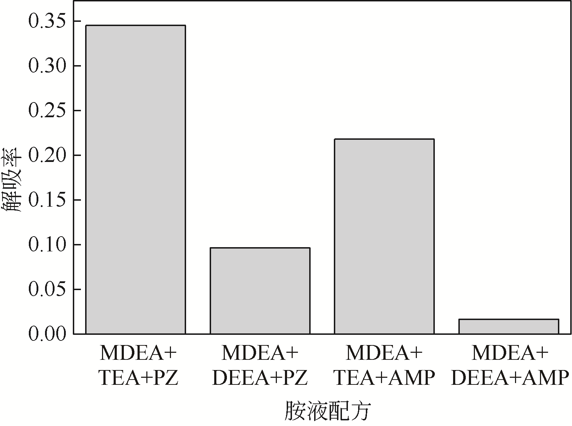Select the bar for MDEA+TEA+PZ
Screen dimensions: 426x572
[136, 180]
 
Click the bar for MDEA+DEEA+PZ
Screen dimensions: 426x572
[260, 291]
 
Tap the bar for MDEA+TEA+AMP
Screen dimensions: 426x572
[384, 237]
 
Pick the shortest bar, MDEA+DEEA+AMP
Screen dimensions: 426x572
[509, 326]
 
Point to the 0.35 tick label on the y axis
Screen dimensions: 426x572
[47, 21]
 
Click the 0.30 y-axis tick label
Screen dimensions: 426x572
[47, 66]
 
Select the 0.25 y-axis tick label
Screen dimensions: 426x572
[47, 111]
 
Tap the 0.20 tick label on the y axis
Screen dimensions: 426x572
[47, 156]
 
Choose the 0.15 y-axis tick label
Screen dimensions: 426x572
[47, 200]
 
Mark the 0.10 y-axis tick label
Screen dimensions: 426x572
[47, 245]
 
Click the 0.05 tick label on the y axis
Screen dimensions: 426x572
[47, 290]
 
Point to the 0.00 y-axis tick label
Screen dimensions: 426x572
[47, 334]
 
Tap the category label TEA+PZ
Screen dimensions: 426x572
[138, 378]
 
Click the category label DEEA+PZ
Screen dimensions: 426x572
[260, 378]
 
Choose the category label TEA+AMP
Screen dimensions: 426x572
[384, 378]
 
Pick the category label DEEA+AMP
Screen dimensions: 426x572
[510, 378]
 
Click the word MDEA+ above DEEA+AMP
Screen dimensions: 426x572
[510, 353]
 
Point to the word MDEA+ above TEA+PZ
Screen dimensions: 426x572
[138, 353]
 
